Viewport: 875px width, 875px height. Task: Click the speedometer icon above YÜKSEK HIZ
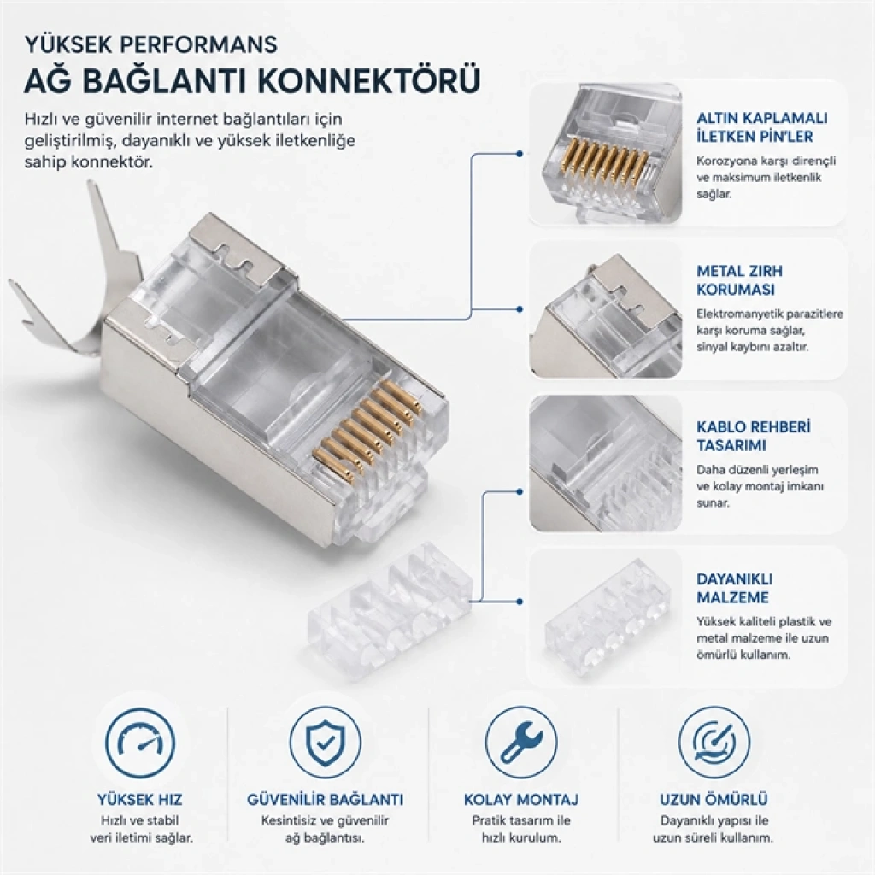[x=139, y=743]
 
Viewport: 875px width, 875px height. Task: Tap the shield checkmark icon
[x=326, y=743]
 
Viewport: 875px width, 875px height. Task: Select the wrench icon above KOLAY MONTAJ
[x=520, y=743]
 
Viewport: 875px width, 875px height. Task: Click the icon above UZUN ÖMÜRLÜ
[x=714, y=743]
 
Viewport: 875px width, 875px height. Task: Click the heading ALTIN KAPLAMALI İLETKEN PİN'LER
[x=761, y=127]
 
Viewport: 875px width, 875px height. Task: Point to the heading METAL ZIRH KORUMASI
[x=739, y=280]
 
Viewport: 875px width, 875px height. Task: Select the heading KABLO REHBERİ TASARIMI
[x=754, y=436]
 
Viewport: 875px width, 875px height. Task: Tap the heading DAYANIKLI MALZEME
[x=734, y=588]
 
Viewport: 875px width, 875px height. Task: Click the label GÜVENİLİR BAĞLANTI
[x=326, y=799]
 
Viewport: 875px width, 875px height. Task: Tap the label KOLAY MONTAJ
[x=520, y=799]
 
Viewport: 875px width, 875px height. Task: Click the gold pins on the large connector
[x=367, y=427]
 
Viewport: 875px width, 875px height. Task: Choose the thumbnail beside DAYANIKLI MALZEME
[x=606, y=617]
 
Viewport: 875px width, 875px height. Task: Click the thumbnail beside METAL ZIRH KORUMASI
[x=606, y=309]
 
